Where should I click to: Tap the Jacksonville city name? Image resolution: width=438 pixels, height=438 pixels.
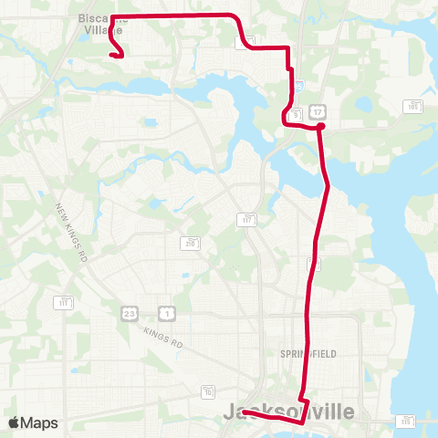(288, 412)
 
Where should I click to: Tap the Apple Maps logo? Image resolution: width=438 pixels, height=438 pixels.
(34, 422)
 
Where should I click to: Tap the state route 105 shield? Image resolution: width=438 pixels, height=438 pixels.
(413, 107)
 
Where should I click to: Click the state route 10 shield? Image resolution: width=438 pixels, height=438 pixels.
(209, 391)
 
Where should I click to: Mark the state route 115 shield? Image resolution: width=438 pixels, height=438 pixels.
(405, 421)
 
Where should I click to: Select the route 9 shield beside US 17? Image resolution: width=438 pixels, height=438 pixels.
(296, 113)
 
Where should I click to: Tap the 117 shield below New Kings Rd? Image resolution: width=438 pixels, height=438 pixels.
(63, 302)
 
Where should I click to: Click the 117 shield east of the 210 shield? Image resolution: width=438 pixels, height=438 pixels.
(246, 219)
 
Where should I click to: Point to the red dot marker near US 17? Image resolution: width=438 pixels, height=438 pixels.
(320, 127)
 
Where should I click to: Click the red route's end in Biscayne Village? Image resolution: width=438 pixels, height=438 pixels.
(111, 56)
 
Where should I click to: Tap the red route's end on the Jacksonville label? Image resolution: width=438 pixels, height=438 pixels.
(245, 412)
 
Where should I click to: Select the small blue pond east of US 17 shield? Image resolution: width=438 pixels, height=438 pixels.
(364, 103)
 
